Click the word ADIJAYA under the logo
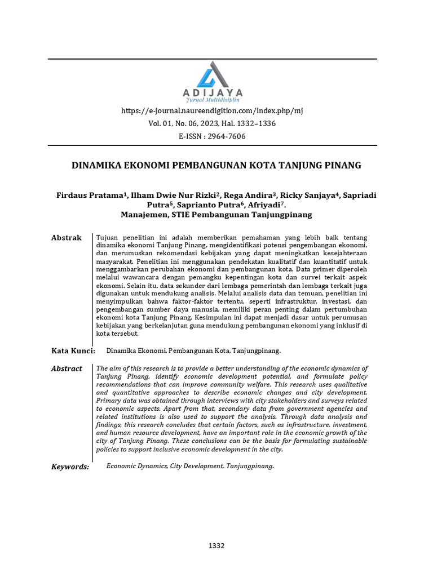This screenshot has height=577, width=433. click(x=213, y=92)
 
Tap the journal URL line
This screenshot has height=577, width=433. click(x=212, y=111)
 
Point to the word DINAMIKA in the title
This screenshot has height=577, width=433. click(x=95, y=166)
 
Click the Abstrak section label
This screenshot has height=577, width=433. click(x=67, y=238)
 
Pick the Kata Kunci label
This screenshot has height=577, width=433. click(x=73, y=351)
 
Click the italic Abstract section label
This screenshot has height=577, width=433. click(x=67, y=369)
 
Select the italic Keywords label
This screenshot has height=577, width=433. click(x=70, y=467)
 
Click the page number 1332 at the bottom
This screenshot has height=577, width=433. click(x=216, y=546)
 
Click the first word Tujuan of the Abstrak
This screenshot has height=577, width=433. click(x=108, y=238)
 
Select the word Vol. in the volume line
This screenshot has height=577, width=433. click(x=154, y=123)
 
